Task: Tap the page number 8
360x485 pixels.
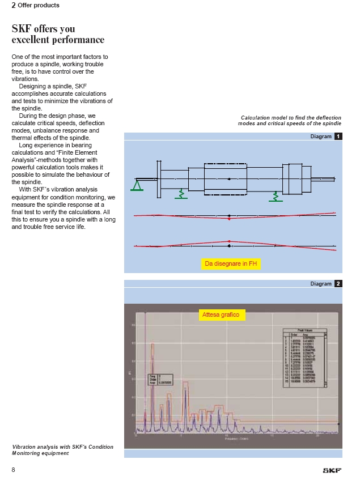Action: click(x=14, y=470)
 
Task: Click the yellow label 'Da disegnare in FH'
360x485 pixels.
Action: click(x=231, y=263)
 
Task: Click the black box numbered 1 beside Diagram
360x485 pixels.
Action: click(x=338, y=137)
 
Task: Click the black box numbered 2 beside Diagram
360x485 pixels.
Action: click(x=338, y=283)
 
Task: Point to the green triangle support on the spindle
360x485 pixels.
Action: click(x=137, y=186)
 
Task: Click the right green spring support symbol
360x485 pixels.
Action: click(x=276, y=197)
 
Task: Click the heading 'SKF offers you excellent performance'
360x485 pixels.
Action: click(x=58, y=34)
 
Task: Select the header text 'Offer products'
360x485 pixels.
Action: click(x=39, y=5)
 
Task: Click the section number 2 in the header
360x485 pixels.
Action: click(x=14, y=5)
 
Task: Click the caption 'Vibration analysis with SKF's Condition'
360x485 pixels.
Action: click(x=62, y=447)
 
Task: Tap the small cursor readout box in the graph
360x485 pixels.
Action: click(x=158, y=379)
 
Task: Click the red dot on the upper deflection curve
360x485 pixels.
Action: click(x=228, y=219)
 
